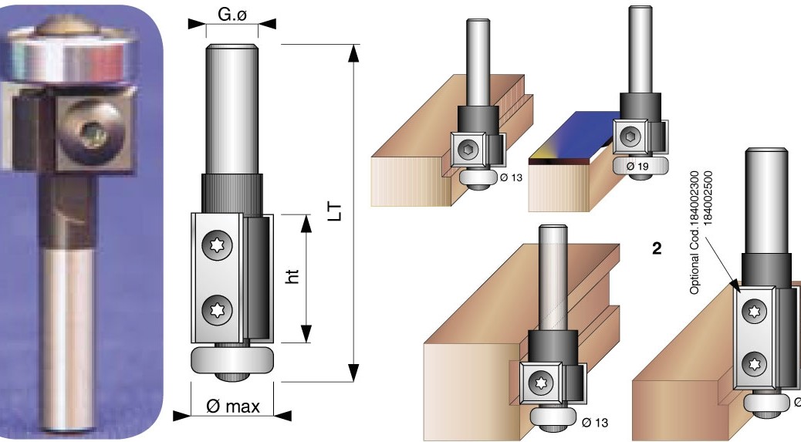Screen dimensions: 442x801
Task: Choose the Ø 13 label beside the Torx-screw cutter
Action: pos(597,421)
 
